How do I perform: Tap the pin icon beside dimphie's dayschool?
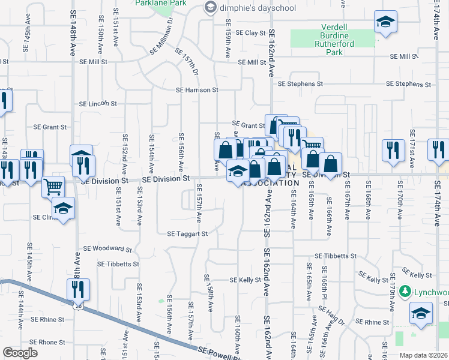tap(210, 7)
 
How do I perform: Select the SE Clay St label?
tap(250, 32)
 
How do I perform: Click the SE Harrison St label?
tap(197, 90)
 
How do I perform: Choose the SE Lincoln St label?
tap(97, 104)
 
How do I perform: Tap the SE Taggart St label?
tap(187, 234)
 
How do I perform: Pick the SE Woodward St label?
tap(107, 248)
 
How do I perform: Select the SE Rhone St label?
tap(47, 342)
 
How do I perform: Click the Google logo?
tap(20, 353)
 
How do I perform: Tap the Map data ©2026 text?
tap(424, 355)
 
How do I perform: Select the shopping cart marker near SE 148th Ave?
tap(53, 186)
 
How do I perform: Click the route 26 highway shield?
tap(79, 306)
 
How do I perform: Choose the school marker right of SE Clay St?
tap(384, 22)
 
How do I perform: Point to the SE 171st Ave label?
tap(412, 143)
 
